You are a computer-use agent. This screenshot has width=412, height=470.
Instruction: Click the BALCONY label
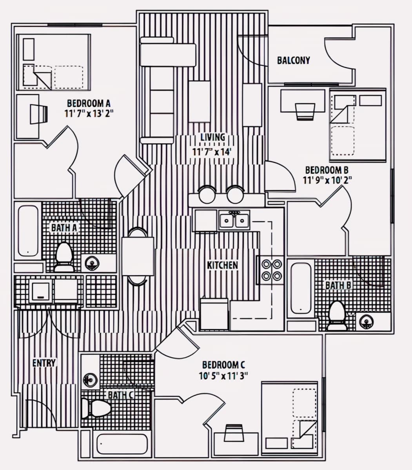click(x=294, y=60)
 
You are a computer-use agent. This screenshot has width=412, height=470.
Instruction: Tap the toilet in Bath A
click(x=64, y=257)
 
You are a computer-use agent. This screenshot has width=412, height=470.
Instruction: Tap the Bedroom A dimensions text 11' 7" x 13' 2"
click(x=89, y=114)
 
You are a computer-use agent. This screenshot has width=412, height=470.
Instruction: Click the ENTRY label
click(x=44, y=363)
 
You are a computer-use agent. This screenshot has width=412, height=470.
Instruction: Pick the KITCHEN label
click(x=222, y=265)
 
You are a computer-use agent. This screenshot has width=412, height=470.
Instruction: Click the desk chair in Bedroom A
click(x=39, y=114)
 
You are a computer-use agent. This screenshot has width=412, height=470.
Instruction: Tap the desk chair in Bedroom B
click(x=305, y=112)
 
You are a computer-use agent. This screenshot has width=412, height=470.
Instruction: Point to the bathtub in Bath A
click(x=28, y=231)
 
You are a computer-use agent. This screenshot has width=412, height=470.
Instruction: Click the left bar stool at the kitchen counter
click(x=207, y=194)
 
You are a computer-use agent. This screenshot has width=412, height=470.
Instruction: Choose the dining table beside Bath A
click(x=138, y=257)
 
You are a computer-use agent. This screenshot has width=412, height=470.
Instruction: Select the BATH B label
click(x=338, y=285)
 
